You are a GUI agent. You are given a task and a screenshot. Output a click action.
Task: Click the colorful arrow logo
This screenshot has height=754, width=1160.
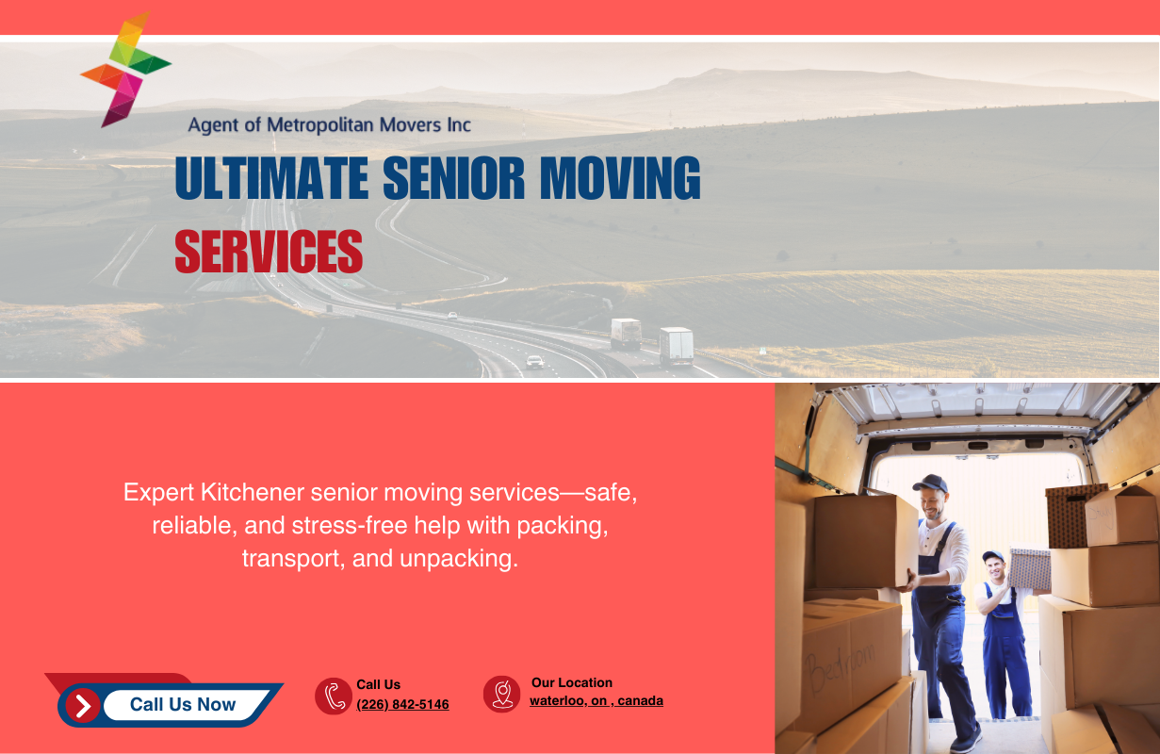click(126, 70)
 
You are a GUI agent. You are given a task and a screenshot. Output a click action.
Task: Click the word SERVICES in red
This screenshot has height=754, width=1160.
click(269, 252)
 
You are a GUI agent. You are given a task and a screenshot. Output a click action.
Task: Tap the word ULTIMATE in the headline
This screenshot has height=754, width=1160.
click(272, 177)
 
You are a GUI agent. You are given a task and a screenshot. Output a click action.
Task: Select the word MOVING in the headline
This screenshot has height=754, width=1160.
click(620, 177)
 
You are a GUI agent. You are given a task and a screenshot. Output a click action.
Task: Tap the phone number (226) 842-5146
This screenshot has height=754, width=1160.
click(403, 704)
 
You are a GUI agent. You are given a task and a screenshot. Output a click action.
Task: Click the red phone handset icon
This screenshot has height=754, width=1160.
click(334, 696)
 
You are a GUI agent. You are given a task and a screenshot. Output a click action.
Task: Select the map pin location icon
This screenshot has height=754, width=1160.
click(502, 694)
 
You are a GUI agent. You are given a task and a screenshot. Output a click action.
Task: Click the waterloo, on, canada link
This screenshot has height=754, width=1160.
click(596, 700)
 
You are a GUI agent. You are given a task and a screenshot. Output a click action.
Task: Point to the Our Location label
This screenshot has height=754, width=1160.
click(572, 682)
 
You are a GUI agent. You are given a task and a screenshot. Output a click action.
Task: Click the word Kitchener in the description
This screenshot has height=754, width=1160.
click(253, 492)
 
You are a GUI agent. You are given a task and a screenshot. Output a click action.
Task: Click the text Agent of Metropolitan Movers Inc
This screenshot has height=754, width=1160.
click(330, 124)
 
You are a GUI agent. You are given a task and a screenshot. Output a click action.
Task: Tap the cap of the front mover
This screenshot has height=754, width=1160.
click(931, 484)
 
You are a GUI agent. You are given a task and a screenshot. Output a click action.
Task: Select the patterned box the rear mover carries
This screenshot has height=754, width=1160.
click(1030, 568)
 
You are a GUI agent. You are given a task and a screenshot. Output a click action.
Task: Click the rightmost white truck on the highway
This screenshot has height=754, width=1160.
click(677, 346)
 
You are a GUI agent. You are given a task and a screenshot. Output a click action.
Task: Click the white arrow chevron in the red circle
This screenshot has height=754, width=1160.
click(83, 705)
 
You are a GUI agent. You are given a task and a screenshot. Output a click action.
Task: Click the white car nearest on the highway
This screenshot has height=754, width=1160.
click(535, 362)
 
